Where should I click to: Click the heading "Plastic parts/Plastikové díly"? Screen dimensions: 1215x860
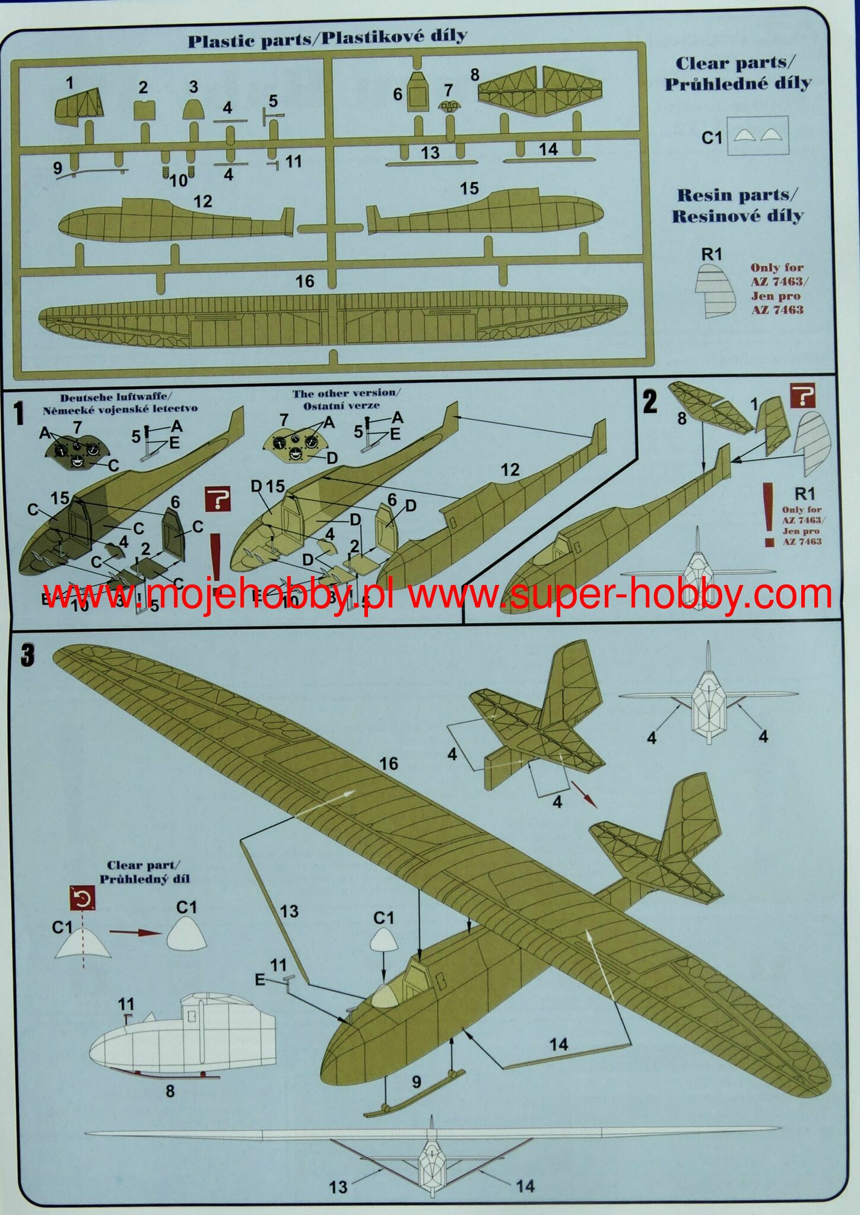(x=327, y=39)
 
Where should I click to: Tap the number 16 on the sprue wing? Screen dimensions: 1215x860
(x=304, y=281)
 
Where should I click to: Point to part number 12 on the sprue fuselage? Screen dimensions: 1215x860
(x=202, y=201)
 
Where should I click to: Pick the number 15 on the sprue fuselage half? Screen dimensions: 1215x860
(x=469, y=189)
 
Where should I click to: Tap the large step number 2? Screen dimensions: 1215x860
(x=650, y=403)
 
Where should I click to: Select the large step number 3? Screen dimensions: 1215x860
(x=27, y=656)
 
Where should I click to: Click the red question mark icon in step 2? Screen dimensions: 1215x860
(x=802, y=396)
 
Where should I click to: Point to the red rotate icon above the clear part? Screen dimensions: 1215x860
(x=82, y=899)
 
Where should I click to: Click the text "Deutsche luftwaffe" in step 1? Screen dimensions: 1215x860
(x=113, y=396)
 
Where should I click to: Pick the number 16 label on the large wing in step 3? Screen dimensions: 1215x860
(x=388, y=764)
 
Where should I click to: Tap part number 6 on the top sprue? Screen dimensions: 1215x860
(x=397, y=94)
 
